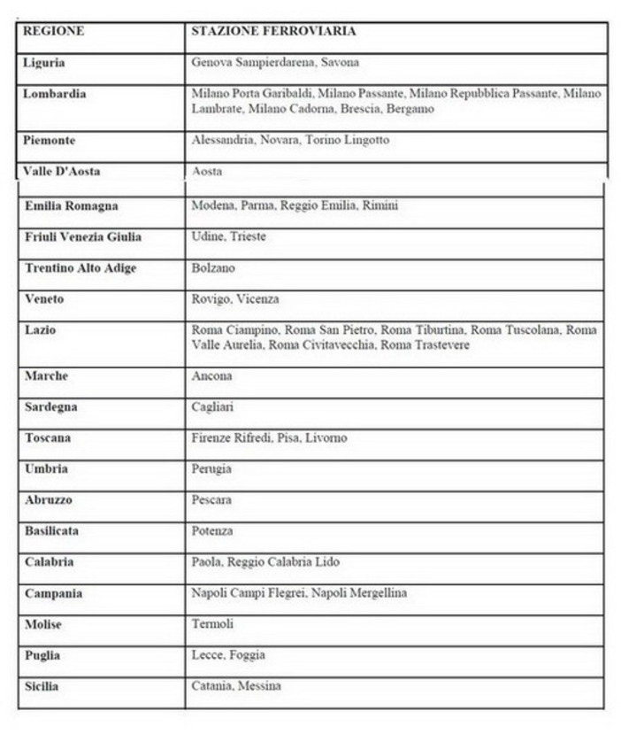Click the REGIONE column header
coord(54,31)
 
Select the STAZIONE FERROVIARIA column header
coord(274,31)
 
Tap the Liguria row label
coord(44,63)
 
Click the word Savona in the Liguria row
coord(341,63)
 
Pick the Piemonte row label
coord(50,140)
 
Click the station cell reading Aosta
coord(207,171)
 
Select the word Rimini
coord(380,205)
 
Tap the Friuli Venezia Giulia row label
coord(83,236)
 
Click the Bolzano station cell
coord(213,267)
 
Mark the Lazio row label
coord(40,329)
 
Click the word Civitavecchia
coord(340,344)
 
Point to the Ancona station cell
coord(211,375)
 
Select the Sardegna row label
coord(50,406)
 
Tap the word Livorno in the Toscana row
coord(326,437)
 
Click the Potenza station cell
coord(212,530)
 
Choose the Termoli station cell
coord(212,623)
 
